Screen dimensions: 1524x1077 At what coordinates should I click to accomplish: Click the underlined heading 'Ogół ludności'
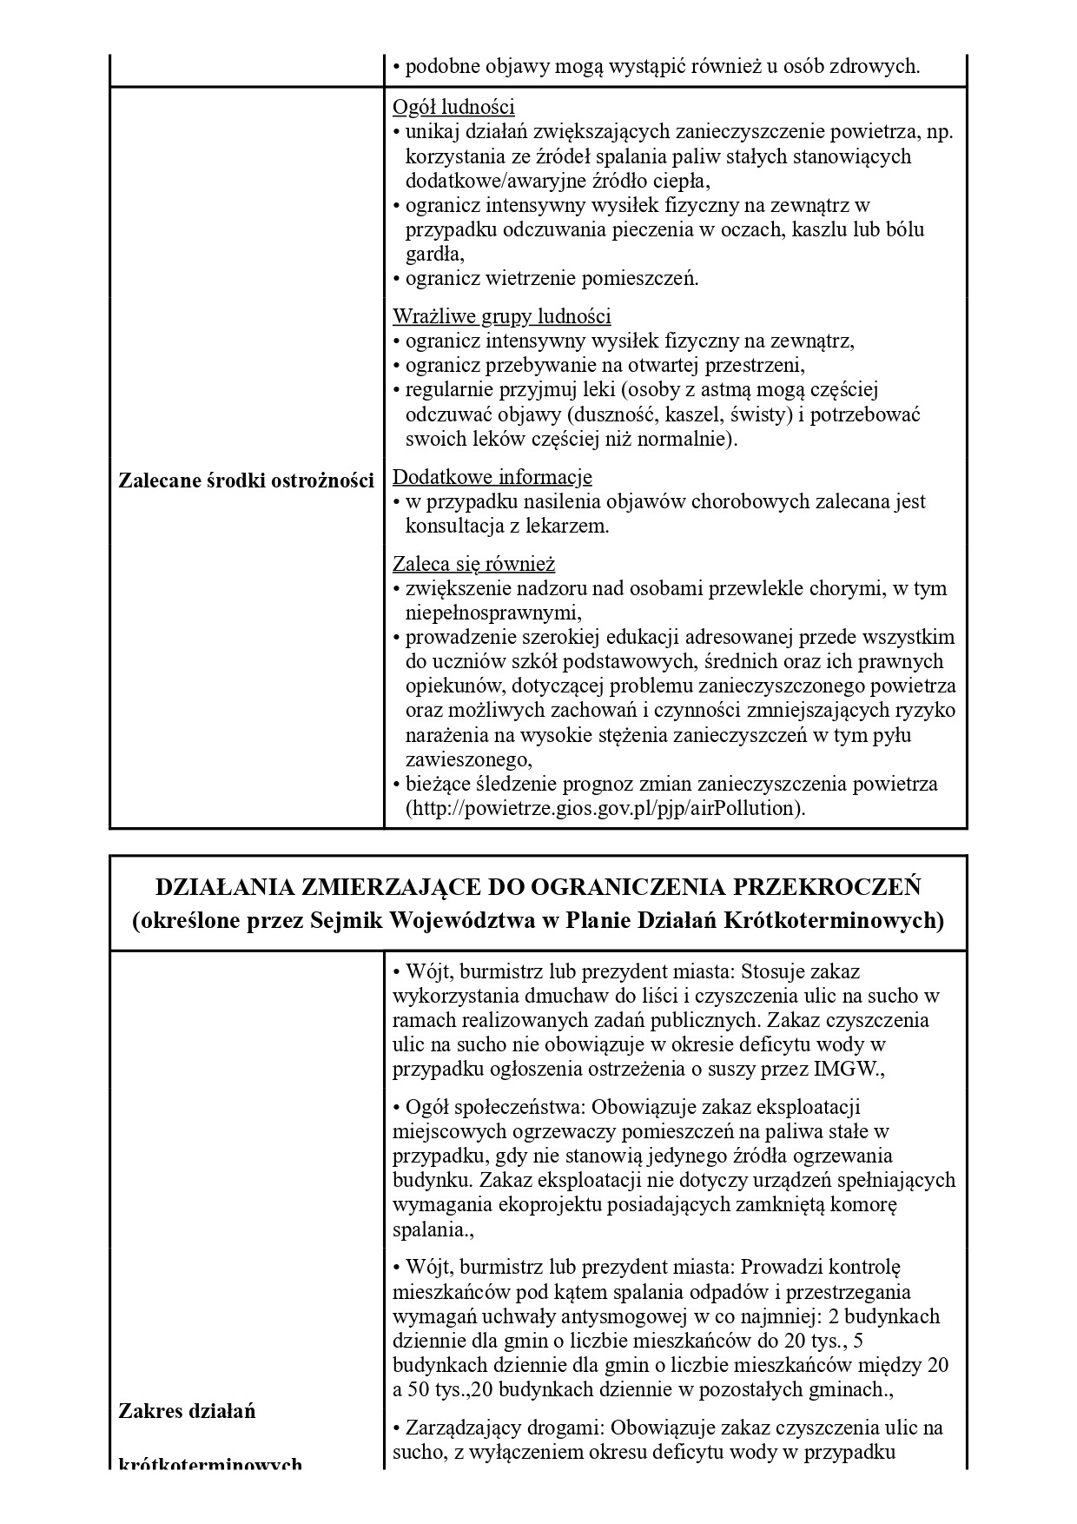pos(453,107)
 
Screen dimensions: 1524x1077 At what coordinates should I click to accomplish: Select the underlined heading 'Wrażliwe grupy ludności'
pos(501,315)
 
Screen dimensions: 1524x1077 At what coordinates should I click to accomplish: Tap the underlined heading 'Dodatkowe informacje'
pos(492,477)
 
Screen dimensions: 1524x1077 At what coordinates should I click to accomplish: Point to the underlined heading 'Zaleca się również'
pos(473,564)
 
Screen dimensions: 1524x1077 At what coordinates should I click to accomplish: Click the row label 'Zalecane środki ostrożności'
pos(246,480)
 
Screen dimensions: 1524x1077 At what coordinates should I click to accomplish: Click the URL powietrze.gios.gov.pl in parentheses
pos(605,808)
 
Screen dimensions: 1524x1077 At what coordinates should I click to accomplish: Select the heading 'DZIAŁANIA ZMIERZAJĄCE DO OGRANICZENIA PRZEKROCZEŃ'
pos(538,887)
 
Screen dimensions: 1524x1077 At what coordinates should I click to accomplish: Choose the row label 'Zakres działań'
pos(187,1410)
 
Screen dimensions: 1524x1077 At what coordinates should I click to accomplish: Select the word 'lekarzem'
pos(570,526)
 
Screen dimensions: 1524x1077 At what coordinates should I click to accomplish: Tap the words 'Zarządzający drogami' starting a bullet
pos(499,1428)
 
